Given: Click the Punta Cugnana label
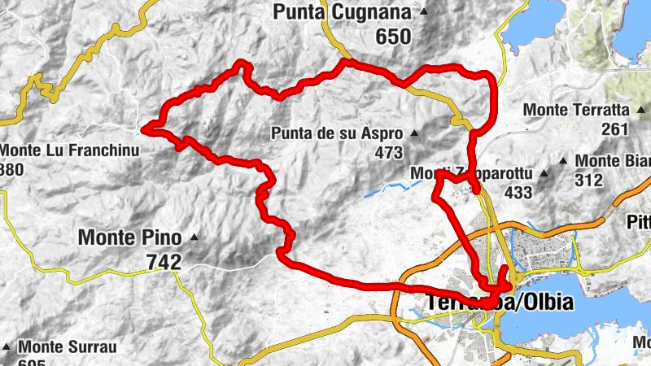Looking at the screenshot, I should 345,12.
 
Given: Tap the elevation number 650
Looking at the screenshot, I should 394,37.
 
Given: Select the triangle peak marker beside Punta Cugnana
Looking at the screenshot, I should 423,12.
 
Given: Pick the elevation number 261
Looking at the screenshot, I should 616,129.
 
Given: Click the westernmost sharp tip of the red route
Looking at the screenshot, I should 143,128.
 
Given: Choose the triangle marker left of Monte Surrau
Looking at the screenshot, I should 8,346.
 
